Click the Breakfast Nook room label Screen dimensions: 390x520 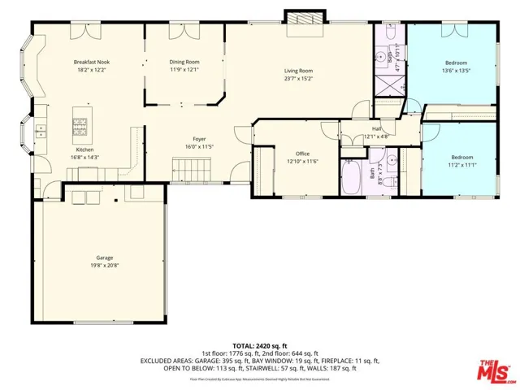90,63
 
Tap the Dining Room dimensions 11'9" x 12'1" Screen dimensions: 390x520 184,70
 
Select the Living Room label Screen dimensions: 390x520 298,71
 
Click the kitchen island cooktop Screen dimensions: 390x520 80,125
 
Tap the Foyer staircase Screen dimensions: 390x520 192,170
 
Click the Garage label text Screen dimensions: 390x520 102,258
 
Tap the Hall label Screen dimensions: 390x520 377,128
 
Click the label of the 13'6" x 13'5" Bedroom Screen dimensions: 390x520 456,63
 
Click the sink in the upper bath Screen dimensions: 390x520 380,58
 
